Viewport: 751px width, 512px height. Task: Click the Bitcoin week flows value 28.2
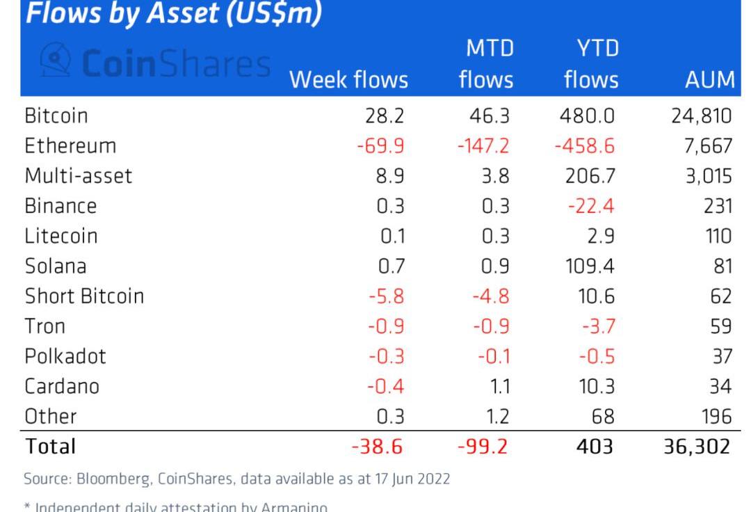(x=380, y=115)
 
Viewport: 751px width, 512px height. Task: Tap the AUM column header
(x=709, y=80)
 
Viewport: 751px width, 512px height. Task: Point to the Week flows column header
(x=348, y=80)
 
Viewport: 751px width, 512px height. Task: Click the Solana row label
(x=55, y=266)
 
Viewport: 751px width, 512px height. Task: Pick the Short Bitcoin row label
(x=84, y=296)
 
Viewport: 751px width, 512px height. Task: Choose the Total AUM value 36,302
(x=697, y=446)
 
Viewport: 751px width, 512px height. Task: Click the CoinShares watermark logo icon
(x=56, y=61)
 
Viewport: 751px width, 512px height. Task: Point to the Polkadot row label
(x=65, y=356)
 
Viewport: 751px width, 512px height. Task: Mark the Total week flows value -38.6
(x=377, y=446)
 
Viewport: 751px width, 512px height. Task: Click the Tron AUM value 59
(x=720, y=326)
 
